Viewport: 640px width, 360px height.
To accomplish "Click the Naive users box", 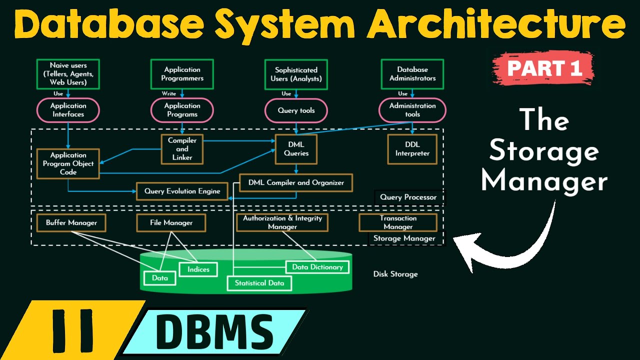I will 68,74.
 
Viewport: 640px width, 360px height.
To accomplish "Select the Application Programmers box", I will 182,74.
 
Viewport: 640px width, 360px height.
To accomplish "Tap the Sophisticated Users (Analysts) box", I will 296,74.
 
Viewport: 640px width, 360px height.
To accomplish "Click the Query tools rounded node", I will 296,110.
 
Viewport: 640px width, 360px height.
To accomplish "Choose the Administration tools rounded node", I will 412,110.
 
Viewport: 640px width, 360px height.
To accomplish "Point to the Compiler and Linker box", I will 182,149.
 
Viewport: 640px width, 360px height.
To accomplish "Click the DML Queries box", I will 296,149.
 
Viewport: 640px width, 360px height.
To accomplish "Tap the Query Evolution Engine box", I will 182,191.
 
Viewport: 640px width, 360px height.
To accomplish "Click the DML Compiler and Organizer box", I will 296,182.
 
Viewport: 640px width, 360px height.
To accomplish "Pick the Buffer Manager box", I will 71,222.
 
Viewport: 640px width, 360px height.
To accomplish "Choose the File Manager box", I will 171,222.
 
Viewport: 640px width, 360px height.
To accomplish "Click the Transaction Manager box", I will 398,222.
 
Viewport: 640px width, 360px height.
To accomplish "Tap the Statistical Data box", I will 259,283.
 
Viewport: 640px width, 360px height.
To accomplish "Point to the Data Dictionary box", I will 317,267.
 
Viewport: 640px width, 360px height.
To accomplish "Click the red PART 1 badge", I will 544,68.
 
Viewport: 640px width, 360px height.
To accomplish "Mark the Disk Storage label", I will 395,274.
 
